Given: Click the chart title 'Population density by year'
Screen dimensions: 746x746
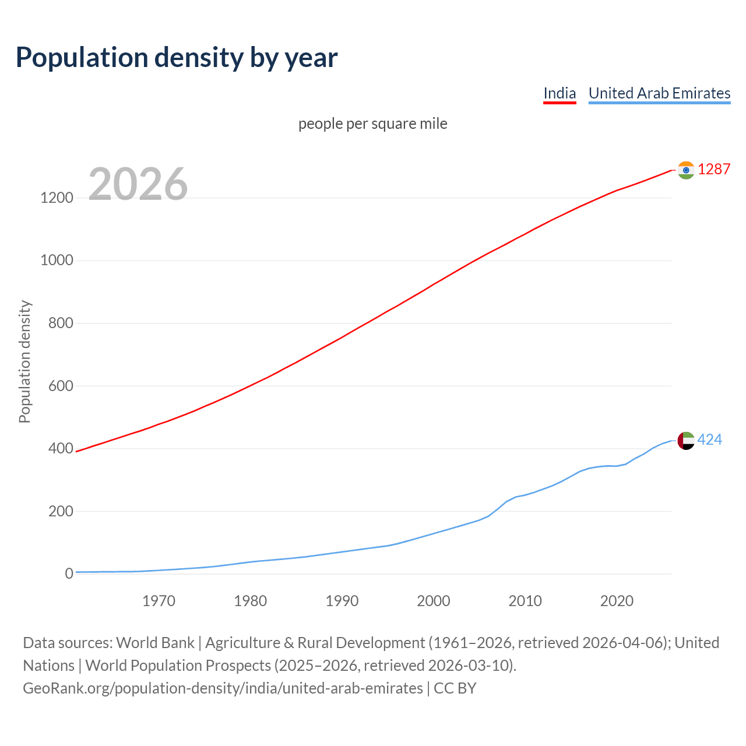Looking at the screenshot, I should pyautogui.click(x=177, y=58).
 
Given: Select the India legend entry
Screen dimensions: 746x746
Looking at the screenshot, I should pyautogui.click(x=559, y=93).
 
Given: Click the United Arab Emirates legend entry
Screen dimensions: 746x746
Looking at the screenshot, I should pyautogui.click(x=659, y=93).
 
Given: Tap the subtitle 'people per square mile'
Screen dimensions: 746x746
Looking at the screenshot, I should pyautogui.click(x=372, y=124).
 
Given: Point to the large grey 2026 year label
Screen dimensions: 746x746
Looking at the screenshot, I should pyautogui.click(x=138, y=184).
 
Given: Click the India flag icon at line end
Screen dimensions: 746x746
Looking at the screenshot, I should pyautogui.click(x=686, y=170).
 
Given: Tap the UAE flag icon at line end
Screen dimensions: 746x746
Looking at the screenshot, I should pyautogui.click(x=686, y=441).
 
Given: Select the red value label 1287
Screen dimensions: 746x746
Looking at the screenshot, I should pyautogui.click(x=714, y=170).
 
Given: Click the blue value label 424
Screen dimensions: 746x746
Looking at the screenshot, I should pyautogui.click(x=709, y=440).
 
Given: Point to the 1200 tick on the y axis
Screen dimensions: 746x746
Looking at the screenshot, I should pyautogui.click(x=57, y=198).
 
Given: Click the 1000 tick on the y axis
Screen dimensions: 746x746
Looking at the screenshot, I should pyautogui.click(x=57, y=261).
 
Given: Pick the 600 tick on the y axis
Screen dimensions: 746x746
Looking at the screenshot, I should pyautogui.click(x=61, y=386).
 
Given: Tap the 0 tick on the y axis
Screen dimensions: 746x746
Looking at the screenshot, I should pyautogui.click(x=69, y=574).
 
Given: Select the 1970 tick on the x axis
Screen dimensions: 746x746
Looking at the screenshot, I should pyautogui.click(x=159, y=601).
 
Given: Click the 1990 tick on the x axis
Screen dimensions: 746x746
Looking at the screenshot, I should pyautogui.click(x=342, y=601).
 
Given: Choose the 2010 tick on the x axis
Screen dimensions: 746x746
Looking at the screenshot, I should pyautogui.click(x=525, y=601).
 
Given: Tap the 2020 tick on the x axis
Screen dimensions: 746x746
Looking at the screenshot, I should pyautogui.click(x=617, y=601).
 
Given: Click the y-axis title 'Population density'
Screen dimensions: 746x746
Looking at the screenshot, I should pyautogui.click(x=24, y=361).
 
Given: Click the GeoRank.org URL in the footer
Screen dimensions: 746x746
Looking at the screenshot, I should pyautogui.click(x=223, y=688).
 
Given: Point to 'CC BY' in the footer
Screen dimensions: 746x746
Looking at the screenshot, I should pyautogui.click(x=455, y=688).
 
